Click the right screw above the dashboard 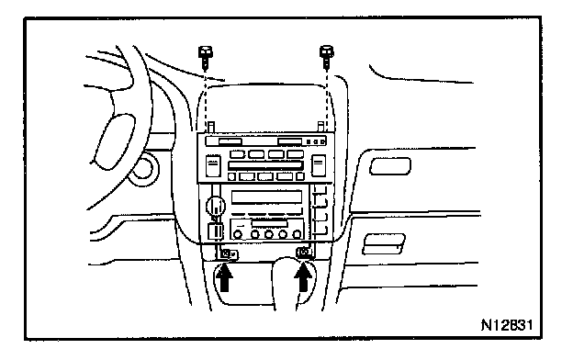click(x=327, y=57)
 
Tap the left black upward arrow click(x=224, y=277)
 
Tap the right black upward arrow click(x=303, y=277)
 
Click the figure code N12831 click(x=507, y=325)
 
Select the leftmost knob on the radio click(x=238, y=234)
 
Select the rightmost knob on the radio click(x=298, y=234)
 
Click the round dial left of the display click(x=216, y=207)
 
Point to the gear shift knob click(x=290, y=281)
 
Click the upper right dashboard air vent click(x=390, y=166)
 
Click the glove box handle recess click(x=384, y=244)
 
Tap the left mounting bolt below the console click(x=230, y=253)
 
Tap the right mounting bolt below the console click(x=305, y=253)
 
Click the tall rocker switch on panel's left click(x=213, y=166)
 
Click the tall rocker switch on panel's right click(x=319, y=165)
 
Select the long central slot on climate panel click(x=265, y=165)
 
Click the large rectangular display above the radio click(x=267, y=197)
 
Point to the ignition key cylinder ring click(x=144, y=170)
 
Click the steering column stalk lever click(x=115, y=142)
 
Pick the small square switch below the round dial click(x=215, y=231)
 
